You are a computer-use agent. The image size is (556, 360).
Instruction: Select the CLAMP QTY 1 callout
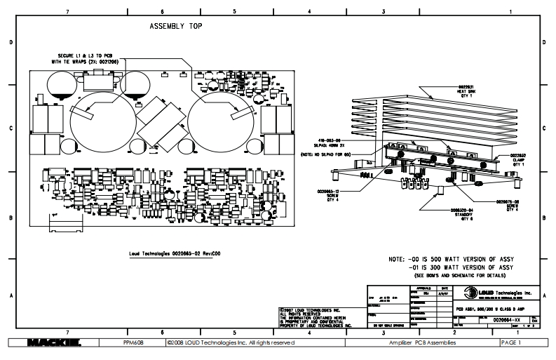pos(518,161)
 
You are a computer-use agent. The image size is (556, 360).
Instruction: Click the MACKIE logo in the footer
pos(53,343)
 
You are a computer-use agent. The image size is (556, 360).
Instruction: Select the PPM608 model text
pos(136,343)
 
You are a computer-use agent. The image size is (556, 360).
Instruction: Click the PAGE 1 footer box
pos(510,343)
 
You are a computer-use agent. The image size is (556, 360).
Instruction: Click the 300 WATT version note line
pos(463,267)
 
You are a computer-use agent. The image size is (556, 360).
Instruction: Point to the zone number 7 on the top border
pos(67,12)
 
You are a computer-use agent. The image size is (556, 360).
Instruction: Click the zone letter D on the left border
pos(10,43)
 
